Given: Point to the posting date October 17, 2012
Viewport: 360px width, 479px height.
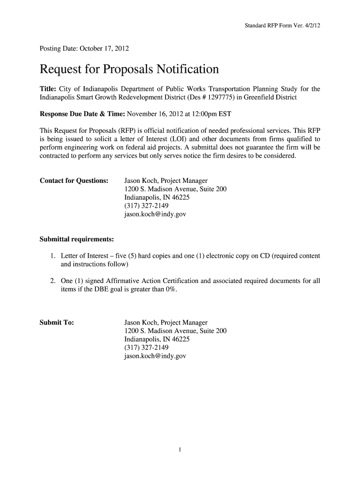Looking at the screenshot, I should (105, 48).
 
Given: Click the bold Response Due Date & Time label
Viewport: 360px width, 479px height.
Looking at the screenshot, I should (82, 114).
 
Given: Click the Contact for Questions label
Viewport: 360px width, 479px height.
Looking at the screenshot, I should (74, 181).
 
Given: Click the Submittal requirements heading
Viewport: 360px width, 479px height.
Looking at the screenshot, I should (77, 239).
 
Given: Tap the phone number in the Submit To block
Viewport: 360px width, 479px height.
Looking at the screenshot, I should (146, 348).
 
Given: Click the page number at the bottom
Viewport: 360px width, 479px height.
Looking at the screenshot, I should (180, 450).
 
